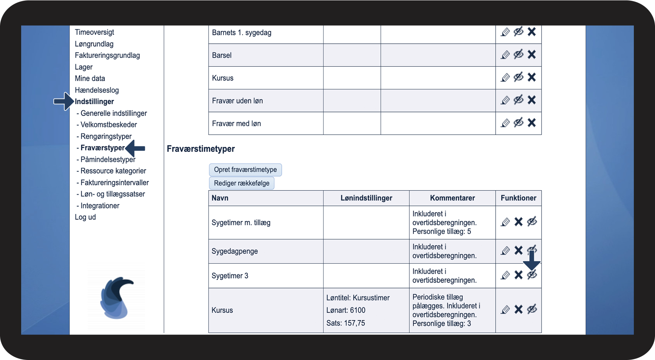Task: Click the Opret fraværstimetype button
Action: (245, 170)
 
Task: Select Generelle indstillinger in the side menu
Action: (113, 113)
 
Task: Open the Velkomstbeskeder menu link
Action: (109, 125)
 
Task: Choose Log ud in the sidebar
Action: (85, 217)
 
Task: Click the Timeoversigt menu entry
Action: (94, 32)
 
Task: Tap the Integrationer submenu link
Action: (100, 205)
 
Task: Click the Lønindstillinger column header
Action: (366, 198)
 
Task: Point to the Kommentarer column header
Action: (452, 198)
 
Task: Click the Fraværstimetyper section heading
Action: (201, 149)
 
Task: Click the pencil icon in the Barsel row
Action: (505, 55)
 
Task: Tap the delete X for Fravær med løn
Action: (532, 123)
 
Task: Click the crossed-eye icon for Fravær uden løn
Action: (518, 100)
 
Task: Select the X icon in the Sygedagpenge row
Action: (518, 251)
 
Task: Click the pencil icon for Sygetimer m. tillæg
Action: (505, 222)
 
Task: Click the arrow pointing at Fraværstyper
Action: (135, 148)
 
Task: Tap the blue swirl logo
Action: (116, 297)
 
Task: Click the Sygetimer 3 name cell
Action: (230, 276)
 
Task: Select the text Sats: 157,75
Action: (345, 323)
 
